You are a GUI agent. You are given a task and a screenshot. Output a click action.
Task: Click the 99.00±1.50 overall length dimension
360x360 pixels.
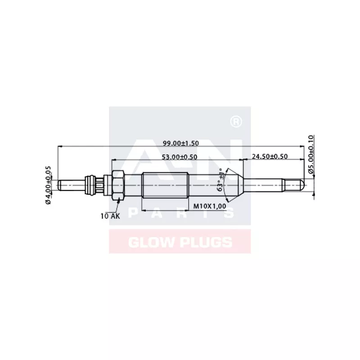[x=180, y=143]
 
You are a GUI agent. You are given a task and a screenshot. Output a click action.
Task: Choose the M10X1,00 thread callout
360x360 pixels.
[x=209, y=206]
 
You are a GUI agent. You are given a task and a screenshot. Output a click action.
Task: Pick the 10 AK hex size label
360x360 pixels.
[x=110, y=216]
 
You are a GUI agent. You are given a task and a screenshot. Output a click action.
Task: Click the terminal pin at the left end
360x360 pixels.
[x=72, y=184]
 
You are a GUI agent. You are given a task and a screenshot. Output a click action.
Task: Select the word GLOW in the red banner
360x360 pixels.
[x=148, y=243]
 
